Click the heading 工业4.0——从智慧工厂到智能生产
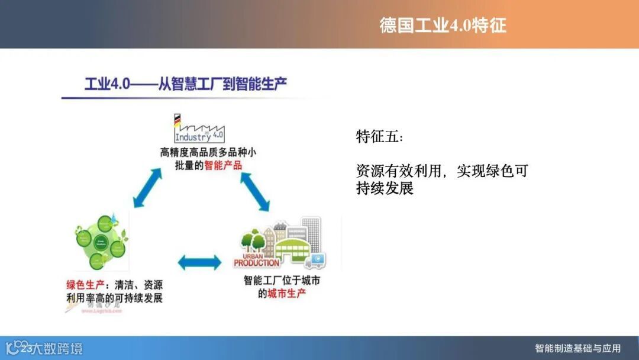click(x=186, y=83)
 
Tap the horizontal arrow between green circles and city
click(x=199, y=262)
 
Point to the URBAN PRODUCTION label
click(x=256, y=260)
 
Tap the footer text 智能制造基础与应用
click(x=577, y=348)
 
